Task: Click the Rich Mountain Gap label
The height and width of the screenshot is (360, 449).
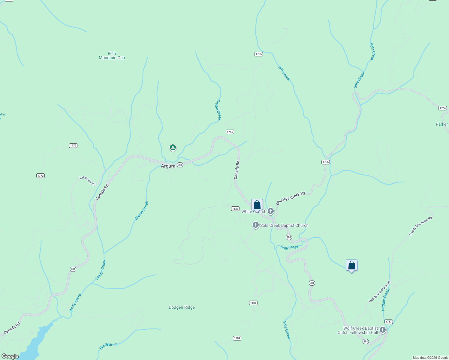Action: tap(112, 56)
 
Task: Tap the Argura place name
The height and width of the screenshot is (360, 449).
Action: tap(168, 166)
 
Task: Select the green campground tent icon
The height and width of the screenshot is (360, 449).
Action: tap(173, 147)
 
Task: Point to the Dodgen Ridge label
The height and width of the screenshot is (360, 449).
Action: tap(182, 307)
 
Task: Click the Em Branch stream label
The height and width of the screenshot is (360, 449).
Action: tap(109, 346)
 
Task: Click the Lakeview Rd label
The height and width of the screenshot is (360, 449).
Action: tap(88, 181)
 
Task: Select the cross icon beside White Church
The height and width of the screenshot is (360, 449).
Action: tap(271, 211)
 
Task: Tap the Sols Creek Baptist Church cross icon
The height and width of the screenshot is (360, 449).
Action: tap(256, 225)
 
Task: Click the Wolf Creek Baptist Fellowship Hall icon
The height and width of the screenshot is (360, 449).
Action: tap(383, 330)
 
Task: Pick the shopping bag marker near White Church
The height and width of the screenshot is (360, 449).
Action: tap(257, 205)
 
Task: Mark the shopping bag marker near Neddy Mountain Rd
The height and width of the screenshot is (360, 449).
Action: tap(351, 265)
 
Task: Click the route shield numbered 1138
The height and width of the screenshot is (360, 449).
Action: tap(235, 209)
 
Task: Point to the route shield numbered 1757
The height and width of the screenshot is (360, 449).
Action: tap(389, 322)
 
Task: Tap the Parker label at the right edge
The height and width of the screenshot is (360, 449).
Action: tap(442, 124)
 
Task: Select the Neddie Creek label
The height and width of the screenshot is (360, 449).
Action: tap(385, 300)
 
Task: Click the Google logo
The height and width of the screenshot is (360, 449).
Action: tap(10, 356)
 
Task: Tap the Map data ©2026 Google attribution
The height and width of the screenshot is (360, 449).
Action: tap(430, 358)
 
